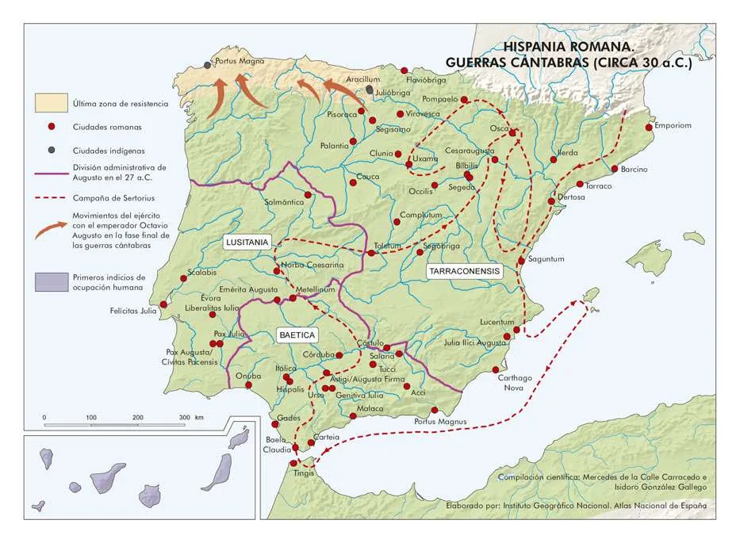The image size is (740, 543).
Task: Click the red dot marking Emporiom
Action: pos(649,127)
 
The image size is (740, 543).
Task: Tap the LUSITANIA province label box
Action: pos(247,243)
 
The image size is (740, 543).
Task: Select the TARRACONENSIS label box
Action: pos(465,270)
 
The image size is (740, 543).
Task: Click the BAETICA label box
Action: pos(297,335)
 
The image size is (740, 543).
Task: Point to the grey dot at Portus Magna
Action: pos(208,65)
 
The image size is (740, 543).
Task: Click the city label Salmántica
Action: pos(284,202)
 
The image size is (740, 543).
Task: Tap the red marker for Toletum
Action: pos(371,253)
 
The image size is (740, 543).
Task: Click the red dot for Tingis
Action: pos(293,463)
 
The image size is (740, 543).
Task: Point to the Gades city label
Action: pos(289,418)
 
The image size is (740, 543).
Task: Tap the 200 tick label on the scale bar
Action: pos(137,417)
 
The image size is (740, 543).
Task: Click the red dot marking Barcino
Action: pos(615,168)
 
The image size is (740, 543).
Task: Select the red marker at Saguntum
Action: pos(521,260)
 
